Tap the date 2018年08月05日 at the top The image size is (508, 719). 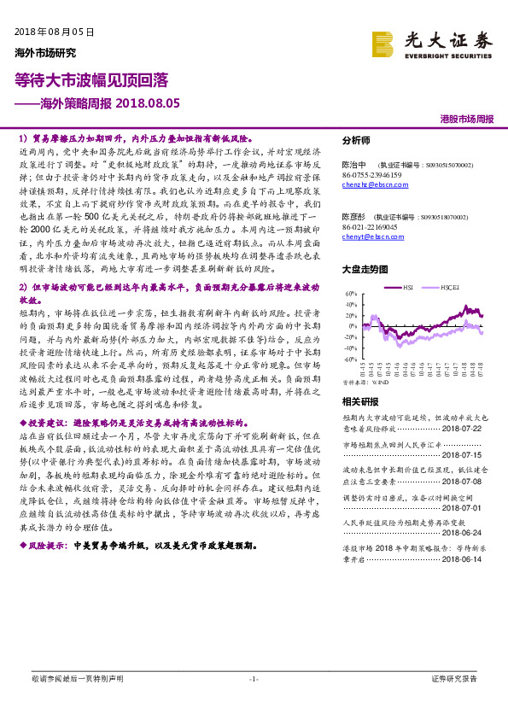pos(54,32)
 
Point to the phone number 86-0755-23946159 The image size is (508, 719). pos(373,174)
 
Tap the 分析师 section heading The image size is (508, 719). pos(357,140)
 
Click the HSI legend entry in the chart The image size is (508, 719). pos(408,288)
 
